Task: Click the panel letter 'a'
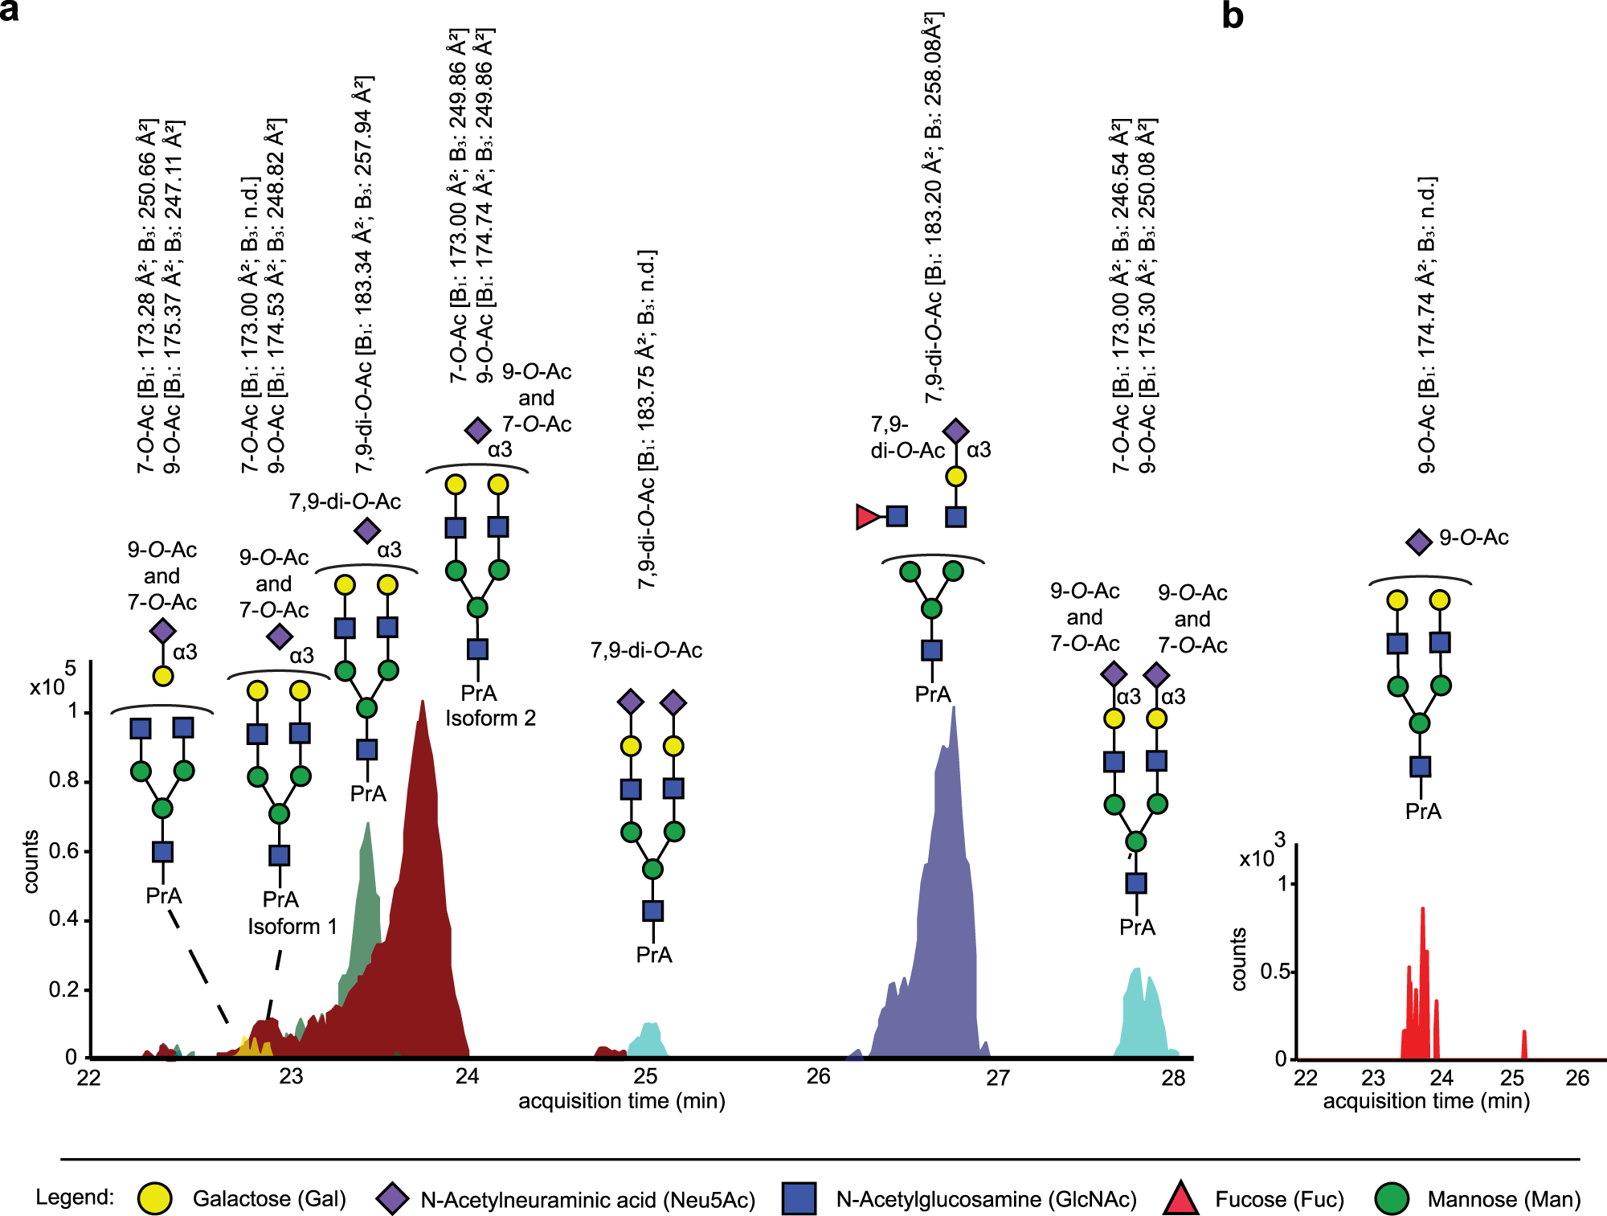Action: pyautogui.click(x=10, y=11)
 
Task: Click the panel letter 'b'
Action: pyautogui.click(x=1232, y=16)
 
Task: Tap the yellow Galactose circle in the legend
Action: pyautogui.click(x=154, y=1198)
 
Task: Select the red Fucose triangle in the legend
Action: pyautogui.click(x=1180, y=1199)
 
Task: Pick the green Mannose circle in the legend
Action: pyautogui.click(x=1392, y=1198)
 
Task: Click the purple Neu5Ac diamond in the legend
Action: pyautogui.click(x=392, y=1198)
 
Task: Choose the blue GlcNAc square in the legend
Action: pyautogui.click(x=799, y=1198)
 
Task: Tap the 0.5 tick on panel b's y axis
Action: pyautogui.click(x=1292, y=971)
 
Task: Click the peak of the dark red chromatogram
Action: pyautogui.click(x=422, y=702)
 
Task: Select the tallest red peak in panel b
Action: pyautogui.click(x=1423, y=910)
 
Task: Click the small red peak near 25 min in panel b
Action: pyautogui.click(x=1524, y=1033)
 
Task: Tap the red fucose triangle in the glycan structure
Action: pyautogui.click(x=867, y=517)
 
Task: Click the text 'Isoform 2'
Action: pyautogui.click(x=490, y=718)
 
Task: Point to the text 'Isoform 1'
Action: pyautogui.click(x=292, y=926)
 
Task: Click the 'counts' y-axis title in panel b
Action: pyautogui.click(x=1238, y=959)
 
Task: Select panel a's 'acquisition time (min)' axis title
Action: pyautogui.click(x=621, y=1100)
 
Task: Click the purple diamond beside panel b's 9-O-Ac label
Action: pyautogui.click(x=1419, y=541)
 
